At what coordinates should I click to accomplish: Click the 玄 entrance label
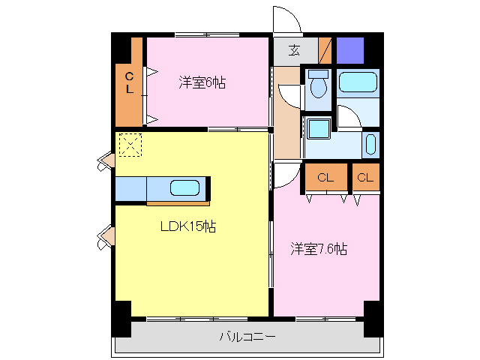coord(295,51)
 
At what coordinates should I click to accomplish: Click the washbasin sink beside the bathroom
coord(371,144)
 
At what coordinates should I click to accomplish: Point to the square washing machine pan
coord(319,128)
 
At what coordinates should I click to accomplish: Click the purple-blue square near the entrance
coord(349,49)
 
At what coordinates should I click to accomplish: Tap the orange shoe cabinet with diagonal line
coord(325,50)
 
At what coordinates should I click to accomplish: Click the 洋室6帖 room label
coord(202,82)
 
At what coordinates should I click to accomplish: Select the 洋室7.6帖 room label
coord(319,248)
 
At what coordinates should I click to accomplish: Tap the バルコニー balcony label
coord(247,337)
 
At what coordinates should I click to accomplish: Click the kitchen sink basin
coord(184,188)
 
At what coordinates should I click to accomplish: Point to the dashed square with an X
coord(130,144)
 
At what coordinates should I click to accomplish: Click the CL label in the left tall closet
coord(129,82)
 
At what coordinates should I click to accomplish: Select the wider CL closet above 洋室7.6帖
coord(325,178)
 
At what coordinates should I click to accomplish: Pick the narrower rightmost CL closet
coord(365,178)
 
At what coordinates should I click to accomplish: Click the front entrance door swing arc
coord(286,19)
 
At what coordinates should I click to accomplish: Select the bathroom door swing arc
coord(346,116)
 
